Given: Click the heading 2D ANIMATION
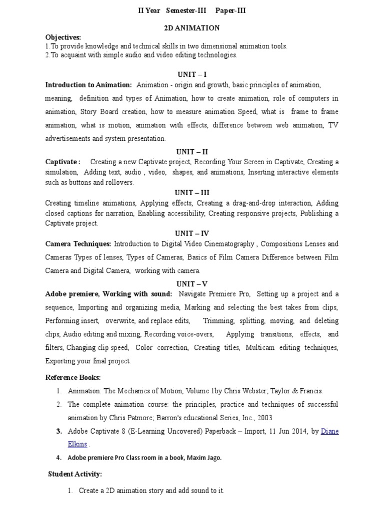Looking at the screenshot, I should coord(191,28).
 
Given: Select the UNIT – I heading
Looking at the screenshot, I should coord(191,75).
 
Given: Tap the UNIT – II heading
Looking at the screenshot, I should coord(191,152).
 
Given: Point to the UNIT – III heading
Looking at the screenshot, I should coord(191,193).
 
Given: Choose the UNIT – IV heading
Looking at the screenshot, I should coord(191,234).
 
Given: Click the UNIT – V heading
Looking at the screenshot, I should coord(191,283).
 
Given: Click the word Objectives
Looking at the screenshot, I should coord(63,37).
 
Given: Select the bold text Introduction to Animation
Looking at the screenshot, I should coord(88,85).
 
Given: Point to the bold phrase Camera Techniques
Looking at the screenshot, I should coord(77,244).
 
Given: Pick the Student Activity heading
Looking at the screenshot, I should coord(75,474).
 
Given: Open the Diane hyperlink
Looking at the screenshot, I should coord(329,431).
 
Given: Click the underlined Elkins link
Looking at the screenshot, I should coord(77,444).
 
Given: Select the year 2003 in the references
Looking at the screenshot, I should coord(263,417).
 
